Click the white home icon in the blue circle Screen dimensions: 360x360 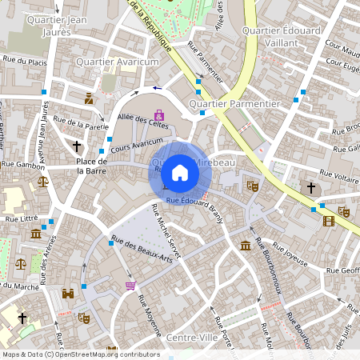click(x=180, y=171)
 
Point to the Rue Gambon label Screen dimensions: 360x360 click(x=22, y=164)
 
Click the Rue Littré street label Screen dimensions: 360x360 click(x=22, y=218)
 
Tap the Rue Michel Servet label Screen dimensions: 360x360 click(x=166, y=232)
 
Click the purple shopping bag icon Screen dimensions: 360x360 click(x=159, y=115)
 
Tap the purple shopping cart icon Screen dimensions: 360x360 click(x=130, y=286)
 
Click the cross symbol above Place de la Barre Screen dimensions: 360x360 click(x=77, y=146)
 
